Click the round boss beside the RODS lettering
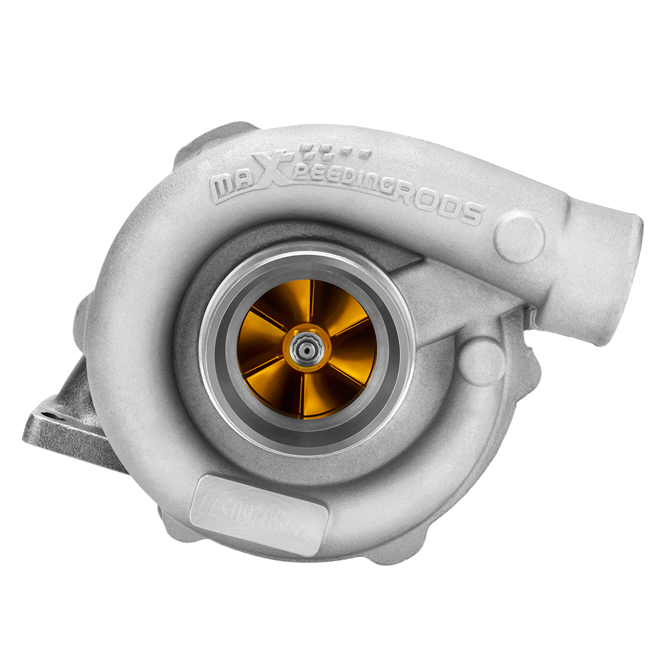click(519, 237)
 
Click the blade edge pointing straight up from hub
click(312, 304)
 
